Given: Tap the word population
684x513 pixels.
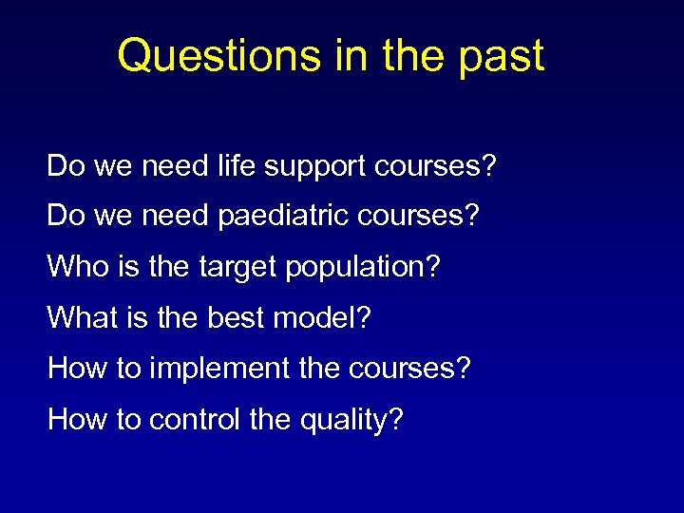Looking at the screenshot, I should coord(354,268).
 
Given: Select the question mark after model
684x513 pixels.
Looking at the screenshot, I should coord(363,316).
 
